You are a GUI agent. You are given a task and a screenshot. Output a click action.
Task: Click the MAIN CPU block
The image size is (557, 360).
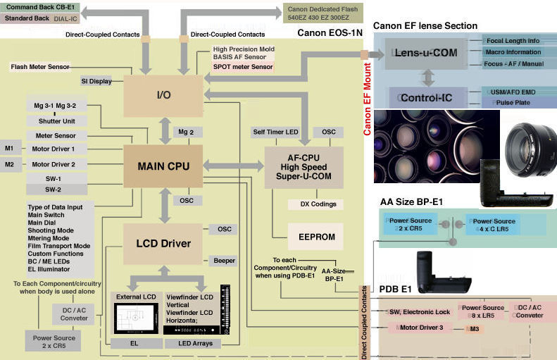163,166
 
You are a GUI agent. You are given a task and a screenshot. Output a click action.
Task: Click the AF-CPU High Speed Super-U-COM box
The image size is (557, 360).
303,167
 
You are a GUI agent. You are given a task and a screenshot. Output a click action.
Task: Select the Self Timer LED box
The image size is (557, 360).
276,132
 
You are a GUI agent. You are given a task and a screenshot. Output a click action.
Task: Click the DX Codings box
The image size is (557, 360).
317,204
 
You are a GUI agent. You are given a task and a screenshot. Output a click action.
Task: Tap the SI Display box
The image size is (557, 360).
96,81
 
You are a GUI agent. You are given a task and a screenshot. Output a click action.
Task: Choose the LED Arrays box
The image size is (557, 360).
194,344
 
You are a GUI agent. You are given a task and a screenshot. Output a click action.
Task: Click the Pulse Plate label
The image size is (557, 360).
506,102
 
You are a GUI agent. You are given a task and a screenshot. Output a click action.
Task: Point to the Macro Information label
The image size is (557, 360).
513,52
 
